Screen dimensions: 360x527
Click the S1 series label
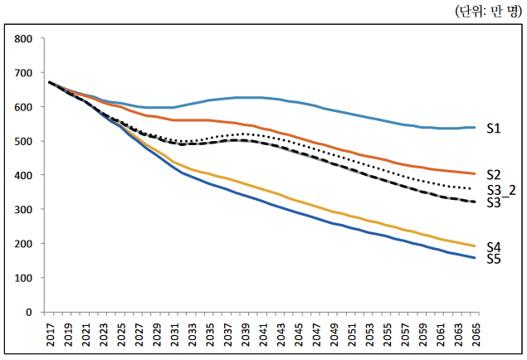[493, 129]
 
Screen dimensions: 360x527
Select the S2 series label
[493, 175]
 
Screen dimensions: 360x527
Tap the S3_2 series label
[500, 190]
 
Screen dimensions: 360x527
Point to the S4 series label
[493, 246]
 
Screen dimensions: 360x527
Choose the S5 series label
[493, 259]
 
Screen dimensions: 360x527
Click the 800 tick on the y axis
[22, 39]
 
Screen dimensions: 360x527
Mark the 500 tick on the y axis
[22, 142]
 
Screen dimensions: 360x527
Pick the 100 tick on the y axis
[22, 279]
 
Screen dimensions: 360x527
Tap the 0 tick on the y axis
[28, 313]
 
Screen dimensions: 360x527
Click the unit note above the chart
[487, 12]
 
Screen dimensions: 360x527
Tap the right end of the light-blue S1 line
[474, 128]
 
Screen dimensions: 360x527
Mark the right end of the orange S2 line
[474, 173]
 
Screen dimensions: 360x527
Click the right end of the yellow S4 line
[474, 246]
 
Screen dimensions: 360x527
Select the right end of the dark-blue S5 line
[474, 258]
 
